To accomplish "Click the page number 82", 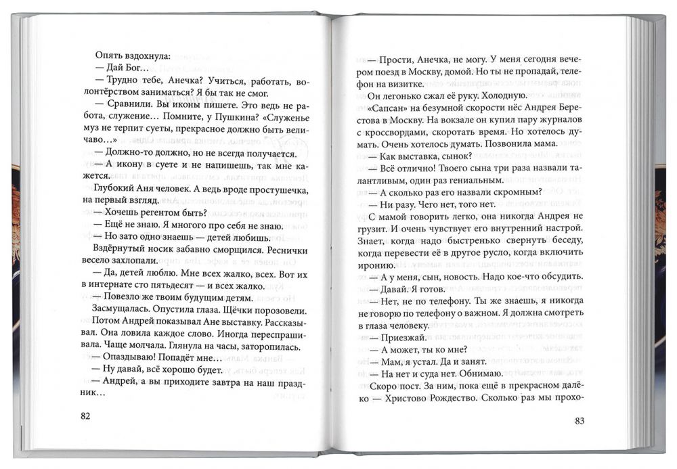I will [85, 415].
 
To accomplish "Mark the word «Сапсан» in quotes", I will [393, 109].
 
